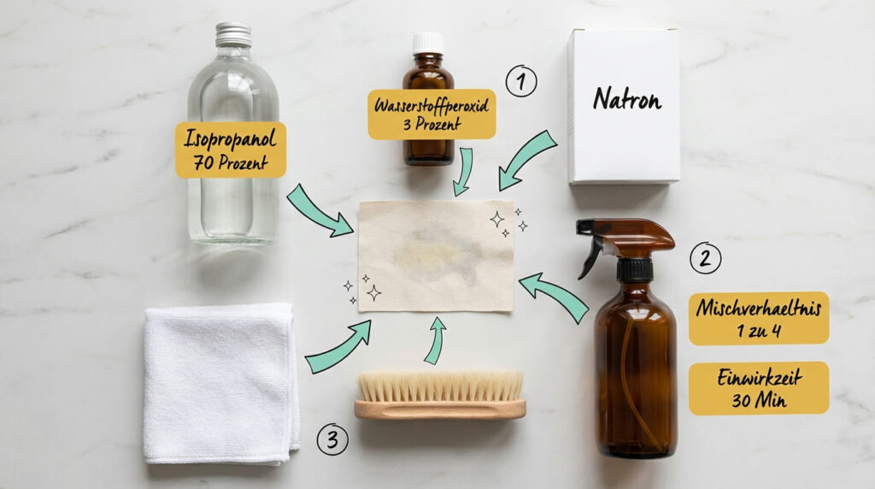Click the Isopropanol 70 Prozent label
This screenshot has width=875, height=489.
click(231, 150)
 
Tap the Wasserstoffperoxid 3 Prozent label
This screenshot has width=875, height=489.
click(432, 114)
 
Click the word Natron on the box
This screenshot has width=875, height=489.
click(627, 101)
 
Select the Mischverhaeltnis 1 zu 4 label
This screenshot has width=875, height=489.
click(758, 318)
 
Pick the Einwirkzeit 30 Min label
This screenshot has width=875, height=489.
click(758, 388)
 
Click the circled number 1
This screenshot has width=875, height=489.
click(520, 81)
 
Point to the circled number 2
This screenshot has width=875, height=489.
click(705, 257)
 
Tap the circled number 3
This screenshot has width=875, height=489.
click(332, 439)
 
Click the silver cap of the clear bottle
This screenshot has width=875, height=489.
click(233, 35)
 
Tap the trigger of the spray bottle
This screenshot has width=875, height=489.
click(590, 257)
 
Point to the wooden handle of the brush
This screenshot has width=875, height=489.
click(439, 410)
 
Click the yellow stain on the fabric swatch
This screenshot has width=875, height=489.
click(432, 254)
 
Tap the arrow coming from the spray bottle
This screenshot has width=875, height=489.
click(555, 295)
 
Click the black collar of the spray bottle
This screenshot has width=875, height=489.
click(635, 270)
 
